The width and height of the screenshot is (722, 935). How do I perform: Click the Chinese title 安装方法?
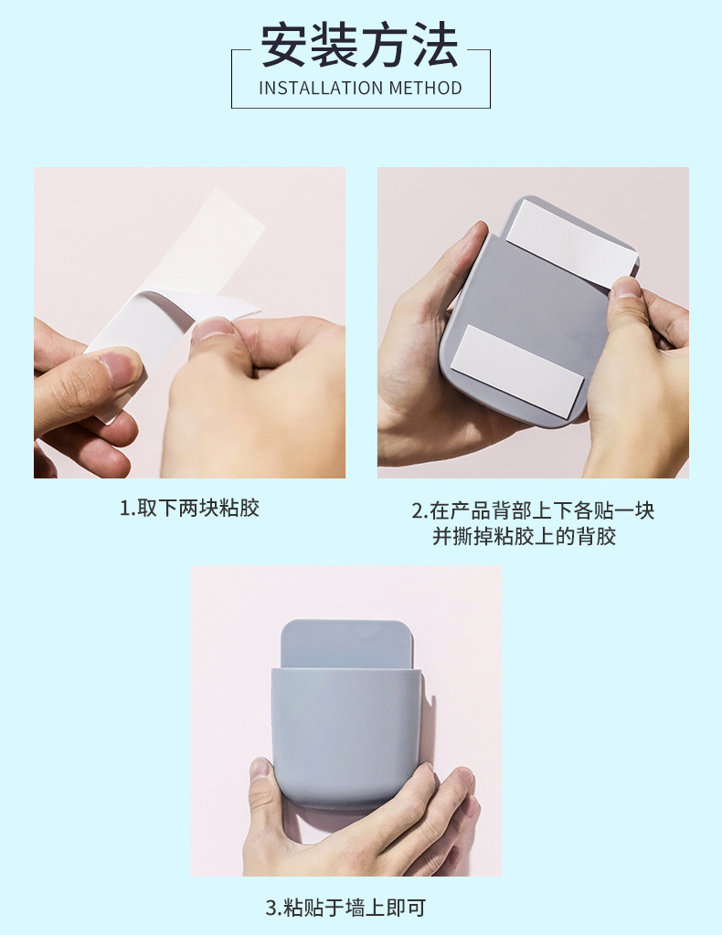360,46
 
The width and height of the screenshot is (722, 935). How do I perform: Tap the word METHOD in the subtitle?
426,89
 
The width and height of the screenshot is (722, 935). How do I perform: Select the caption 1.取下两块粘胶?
190,508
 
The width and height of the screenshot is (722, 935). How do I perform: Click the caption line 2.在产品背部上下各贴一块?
532,510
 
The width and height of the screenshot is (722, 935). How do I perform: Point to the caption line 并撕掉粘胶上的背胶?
524,536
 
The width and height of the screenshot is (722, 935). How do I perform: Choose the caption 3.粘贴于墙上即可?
345,908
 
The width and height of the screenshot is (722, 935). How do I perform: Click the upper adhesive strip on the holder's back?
571,243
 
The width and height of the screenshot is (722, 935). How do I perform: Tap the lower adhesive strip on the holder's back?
516,369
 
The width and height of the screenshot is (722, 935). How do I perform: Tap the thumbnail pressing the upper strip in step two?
625,288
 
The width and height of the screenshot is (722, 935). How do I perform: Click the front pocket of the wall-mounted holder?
346,738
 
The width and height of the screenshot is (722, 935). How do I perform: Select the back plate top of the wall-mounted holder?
347,644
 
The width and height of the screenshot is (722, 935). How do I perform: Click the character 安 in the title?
284,46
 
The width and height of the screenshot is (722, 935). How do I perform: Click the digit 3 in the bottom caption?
271,909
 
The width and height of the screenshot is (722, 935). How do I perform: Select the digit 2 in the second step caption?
417,511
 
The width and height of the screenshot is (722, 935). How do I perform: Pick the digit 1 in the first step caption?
125,509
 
